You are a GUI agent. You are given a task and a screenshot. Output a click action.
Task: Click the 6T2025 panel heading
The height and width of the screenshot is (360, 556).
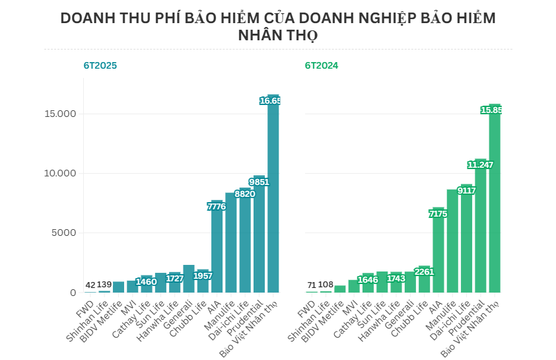[100, 65]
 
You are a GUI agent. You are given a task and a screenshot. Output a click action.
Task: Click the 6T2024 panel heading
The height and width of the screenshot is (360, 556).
[322, 65]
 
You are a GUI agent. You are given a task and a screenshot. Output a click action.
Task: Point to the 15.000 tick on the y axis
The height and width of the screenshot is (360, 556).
[59, 114]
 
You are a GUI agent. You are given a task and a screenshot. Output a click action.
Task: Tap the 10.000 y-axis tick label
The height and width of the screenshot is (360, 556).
[59, 173]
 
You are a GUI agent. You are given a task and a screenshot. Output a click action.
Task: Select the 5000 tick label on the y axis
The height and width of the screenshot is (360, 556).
[63, 233]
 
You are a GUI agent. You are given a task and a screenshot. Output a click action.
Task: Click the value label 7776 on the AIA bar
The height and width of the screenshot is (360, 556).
[217, 207]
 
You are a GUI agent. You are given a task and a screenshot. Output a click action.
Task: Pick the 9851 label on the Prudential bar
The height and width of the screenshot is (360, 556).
[259, 182]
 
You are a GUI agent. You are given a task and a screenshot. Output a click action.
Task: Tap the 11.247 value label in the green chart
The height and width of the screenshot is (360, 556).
[480, 164]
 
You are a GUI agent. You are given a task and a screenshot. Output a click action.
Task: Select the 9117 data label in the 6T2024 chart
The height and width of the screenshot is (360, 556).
[466, 190]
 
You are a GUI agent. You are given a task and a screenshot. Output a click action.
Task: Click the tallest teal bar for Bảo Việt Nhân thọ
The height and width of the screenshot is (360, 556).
[273, 198]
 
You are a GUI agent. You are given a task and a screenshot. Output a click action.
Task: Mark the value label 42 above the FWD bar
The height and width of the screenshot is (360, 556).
[90, 285]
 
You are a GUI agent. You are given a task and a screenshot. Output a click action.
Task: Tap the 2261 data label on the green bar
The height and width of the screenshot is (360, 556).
[423, 270]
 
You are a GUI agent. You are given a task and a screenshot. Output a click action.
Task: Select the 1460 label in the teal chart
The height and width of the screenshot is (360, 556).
[146, 282]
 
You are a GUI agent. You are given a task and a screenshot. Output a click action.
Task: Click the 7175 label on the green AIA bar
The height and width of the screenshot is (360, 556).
[438, 214]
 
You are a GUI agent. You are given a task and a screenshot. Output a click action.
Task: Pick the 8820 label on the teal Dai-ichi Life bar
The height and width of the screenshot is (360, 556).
[244, 194]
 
